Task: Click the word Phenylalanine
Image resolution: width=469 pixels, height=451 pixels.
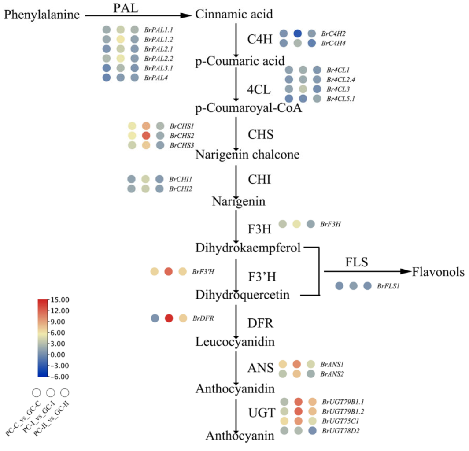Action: tap(42, 15)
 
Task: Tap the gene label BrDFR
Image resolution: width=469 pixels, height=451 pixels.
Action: tap(203, 318)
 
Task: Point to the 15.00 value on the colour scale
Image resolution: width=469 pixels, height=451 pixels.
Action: tap(59, 300)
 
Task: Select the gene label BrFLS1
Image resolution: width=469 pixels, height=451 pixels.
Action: tap(388, 286)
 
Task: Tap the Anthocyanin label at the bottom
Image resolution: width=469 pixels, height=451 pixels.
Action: tap(240, 436)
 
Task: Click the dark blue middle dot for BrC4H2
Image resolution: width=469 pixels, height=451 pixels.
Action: tap(298, 33)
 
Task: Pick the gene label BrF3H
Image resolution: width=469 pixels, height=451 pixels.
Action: tap(331, 224)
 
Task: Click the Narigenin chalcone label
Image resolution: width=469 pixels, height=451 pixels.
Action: tap(247, 155)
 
